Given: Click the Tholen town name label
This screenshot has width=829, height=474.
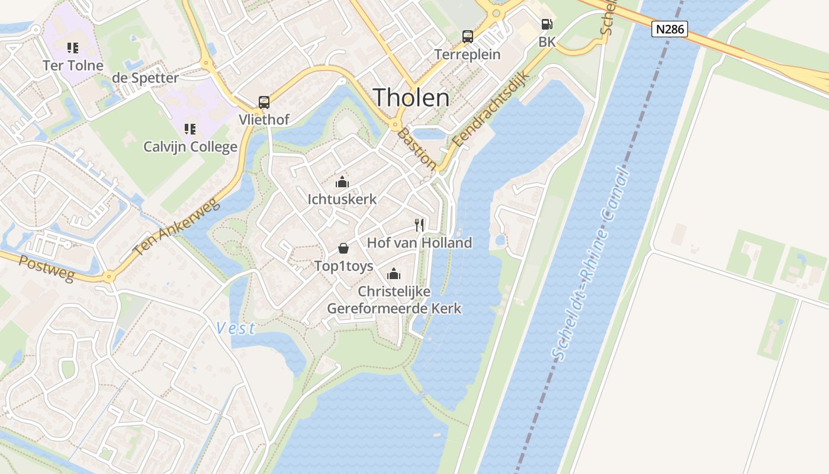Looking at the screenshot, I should (412, 97).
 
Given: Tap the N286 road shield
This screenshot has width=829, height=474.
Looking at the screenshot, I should (669, 29).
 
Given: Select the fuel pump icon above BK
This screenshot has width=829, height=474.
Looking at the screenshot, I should (547, 25).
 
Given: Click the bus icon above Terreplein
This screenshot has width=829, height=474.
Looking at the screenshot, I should (468, 37).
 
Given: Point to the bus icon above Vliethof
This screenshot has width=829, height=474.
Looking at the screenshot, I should (264, 102).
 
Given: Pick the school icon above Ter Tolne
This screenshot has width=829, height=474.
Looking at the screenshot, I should (73, 47).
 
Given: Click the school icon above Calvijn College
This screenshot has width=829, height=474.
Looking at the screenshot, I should (190, 129).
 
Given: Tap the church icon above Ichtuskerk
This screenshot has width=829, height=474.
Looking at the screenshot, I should (342, 182).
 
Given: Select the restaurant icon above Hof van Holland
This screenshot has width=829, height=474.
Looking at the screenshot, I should (419, 225).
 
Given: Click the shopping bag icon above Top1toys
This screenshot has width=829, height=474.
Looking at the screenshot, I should (343, 248).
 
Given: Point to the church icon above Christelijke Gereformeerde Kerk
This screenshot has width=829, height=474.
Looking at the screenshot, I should (394, 274).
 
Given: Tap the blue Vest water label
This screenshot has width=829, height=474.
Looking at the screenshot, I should (236, 328).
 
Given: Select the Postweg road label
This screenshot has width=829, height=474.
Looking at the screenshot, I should (46, 268).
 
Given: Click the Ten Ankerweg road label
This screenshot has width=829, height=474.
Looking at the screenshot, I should (176, 228).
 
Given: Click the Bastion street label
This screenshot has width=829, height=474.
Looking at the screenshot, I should (416, 149).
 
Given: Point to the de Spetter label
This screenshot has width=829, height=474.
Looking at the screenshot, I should (145, 78).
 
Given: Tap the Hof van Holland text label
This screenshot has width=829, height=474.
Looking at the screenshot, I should (419, 242).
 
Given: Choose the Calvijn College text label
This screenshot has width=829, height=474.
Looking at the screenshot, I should (190, 146).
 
